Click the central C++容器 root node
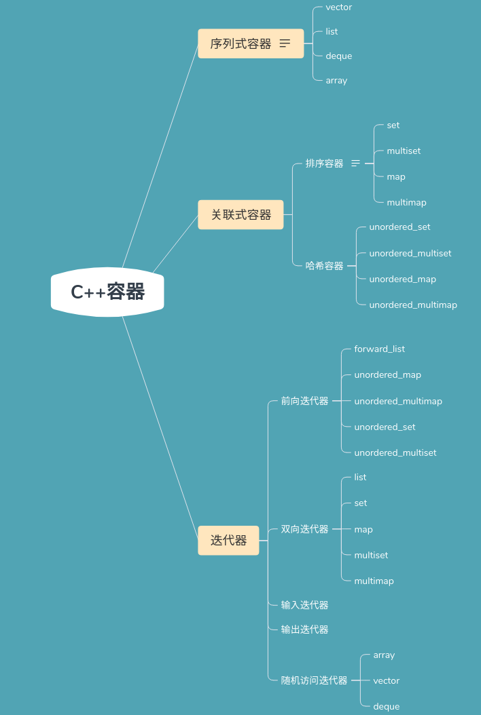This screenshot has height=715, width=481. pyautogui.click(x=107, y=292)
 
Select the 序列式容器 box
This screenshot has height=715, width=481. pyautogui.click(x=240, y=43)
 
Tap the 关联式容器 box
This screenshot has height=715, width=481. pyautogui.click(x=240, y=214)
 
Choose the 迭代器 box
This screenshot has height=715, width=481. pyautogui.click(x=228, y=540)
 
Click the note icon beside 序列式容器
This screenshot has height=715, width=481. pyautogui.click(x=285, y=43)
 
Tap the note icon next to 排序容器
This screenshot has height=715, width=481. pyautogui.click(x=355, y=163)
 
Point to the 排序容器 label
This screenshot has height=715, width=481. pyautogui.click(x=324, y=163)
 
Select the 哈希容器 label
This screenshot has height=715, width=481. pyautogui.click(x=324, y=266)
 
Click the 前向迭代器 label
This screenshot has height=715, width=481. pyautogui.click(x=304, y=401)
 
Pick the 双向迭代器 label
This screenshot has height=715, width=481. pyautogui.click(x=304, y=529)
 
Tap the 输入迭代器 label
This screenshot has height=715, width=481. pyautogui.click(x=304, y=604)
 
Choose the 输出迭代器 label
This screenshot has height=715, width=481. pyautogui.click(x=304, y=630)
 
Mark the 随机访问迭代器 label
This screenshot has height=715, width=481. pyautogui.click(x=314, y=680)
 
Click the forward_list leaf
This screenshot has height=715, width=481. pyautogui.click(x=379, y=349)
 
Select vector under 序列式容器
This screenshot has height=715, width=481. pyautogui.click(x=338, y=7)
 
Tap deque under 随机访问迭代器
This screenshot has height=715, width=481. pyautogui.click(x=386, y=706)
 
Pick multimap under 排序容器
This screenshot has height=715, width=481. pyautogui.click(x=406, y=202)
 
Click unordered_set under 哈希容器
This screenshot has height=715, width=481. pyautogui.click(x=399, y=227)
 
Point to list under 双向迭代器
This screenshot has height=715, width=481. pyautogui.click(x=360, y=477)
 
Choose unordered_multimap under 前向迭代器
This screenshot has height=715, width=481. pyautogui.click(x=397, y=401)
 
